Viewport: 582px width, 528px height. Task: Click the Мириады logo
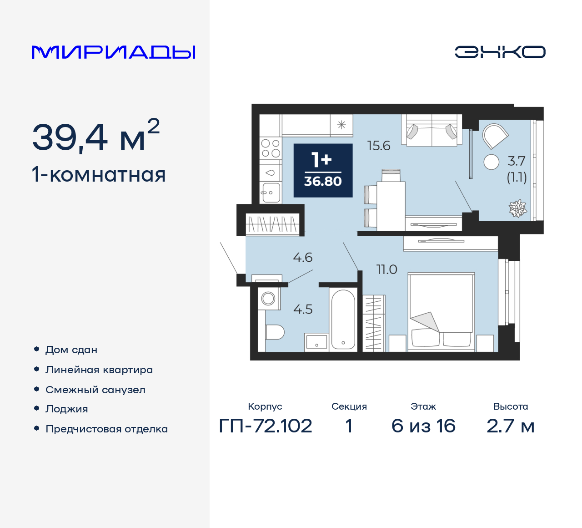(113, 52)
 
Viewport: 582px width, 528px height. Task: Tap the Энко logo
(500, 52)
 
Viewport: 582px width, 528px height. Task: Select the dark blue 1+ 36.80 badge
(323, 170)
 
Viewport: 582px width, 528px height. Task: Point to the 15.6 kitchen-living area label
(379, 146)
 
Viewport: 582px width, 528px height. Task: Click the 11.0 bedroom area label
(387, 269)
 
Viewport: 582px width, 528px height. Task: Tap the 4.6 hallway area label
(303, 258)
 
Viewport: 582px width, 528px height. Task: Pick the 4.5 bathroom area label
(303, 310)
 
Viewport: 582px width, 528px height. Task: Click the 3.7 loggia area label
(517, 161)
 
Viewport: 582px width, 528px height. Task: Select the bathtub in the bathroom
(343, 320)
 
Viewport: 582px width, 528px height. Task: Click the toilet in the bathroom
(274, 332)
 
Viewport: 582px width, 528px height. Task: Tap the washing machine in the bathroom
(268, 299)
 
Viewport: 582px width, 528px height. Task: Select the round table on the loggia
(492, 162)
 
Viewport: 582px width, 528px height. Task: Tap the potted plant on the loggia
(517, 208)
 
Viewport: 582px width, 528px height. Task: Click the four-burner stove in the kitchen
(271, 148)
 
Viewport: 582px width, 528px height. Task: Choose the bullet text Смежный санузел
(95, 390)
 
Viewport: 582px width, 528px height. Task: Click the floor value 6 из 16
(423, 426)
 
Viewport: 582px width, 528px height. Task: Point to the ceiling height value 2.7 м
(511, 426)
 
